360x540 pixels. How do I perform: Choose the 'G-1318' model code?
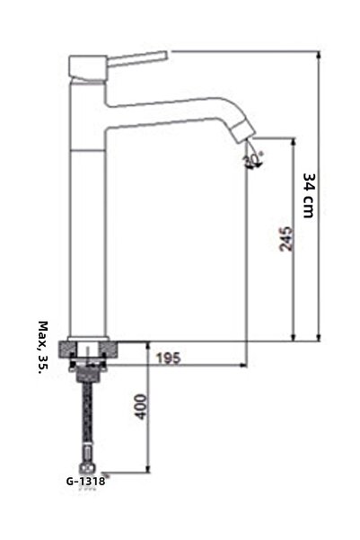click(x=85, y=481)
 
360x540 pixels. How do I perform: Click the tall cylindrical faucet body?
click(x=88, y=225)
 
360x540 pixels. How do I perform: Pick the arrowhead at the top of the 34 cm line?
click(x=320, y=56)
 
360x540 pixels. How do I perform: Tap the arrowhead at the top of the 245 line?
click(x=294, y=142)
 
